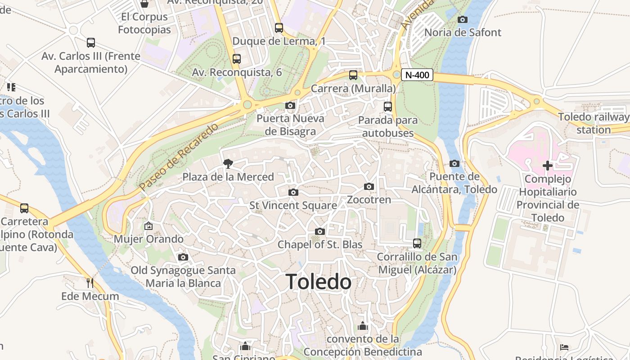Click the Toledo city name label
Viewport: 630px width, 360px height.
click(319, 282)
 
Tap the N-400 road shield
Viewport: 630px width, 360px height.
click(417, 75)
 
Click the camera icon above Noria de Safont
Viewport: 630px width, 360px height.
click(462, 19)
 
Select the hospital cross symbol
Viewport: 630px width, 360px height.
click(547, 166)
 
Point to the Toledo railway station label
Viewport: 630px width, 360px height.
click(594, 123)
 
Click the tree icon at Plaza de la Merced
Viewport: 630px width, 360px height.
click(228, 164)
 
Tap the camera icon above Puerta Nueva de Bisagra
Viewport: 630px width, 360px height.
click(290, 106)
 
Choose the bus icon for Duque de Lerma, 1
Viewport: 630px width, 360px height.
click(279, 28)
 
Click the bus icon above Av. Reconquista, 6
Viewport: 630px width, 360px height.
click(237, 58)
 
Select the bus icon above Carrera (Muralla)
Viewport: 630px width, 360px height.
click(353, 75)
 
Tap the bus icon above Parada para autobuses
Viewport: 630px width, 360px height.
click(388, 107)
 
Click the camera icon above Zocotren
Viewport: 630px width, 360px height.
click(369, 186)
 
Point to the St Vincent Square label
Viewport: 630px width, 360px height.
click(293, 206)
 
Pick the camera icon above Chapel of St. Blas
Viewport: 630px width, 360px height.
click(320, 231)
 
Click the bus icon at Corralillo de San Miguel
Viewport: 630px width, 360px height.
click(417, 243)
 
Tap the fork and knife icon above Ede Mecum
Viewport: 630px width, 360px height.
click(90, 283)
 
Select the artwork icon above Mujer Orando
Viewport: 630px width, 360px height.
click(148, 225)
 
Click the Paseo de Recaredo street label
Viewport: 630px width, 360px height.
click(179, 156)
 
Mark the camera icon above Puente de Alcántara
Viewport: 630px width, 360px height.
click(454, 163)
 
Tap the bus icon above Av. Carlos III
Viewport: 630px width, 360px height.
click(91, 43)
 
